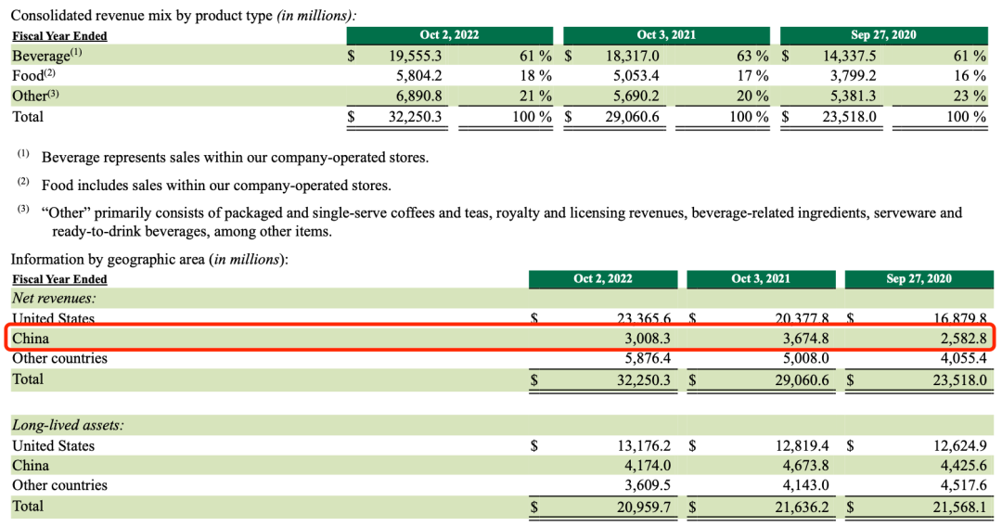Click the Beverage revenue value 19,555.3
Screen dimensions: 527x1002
tap(417, 56)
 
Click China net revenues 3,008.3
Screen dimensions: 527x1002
tap(639, 339)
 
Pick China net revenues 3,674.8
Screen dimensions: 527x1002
tap(796, 339)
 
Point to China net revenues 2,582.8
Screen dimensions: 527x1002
tap(956, 339)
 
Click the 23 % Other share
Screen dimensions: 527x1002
tap(970, 96)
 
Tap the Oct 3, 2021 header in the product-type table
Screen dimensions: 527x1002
tap(667, 35)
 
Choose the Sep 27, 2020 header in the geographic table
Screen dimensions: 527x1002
tap(918, 278)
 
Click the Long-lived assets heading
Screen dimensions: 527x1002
tap(68, 425)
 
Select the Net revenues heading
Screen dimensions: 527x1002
tap(55, 298)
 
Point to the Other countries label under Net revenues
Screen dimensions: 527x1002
tap(59, 358)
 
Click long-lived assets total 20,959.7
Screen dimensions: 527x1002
tap(639, 506)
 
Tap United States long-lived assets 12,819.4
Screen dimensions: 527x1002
tap(796, 445)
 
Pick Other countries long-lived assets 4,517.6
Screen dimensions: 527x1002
tap(956, 485)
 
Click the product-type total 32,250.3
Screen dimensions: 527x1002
tap(417, 117)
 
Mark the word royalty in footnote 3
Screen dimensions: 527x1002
tap(520, 213)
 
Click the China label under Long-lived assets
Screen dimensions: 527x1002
tap(31, 466)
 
